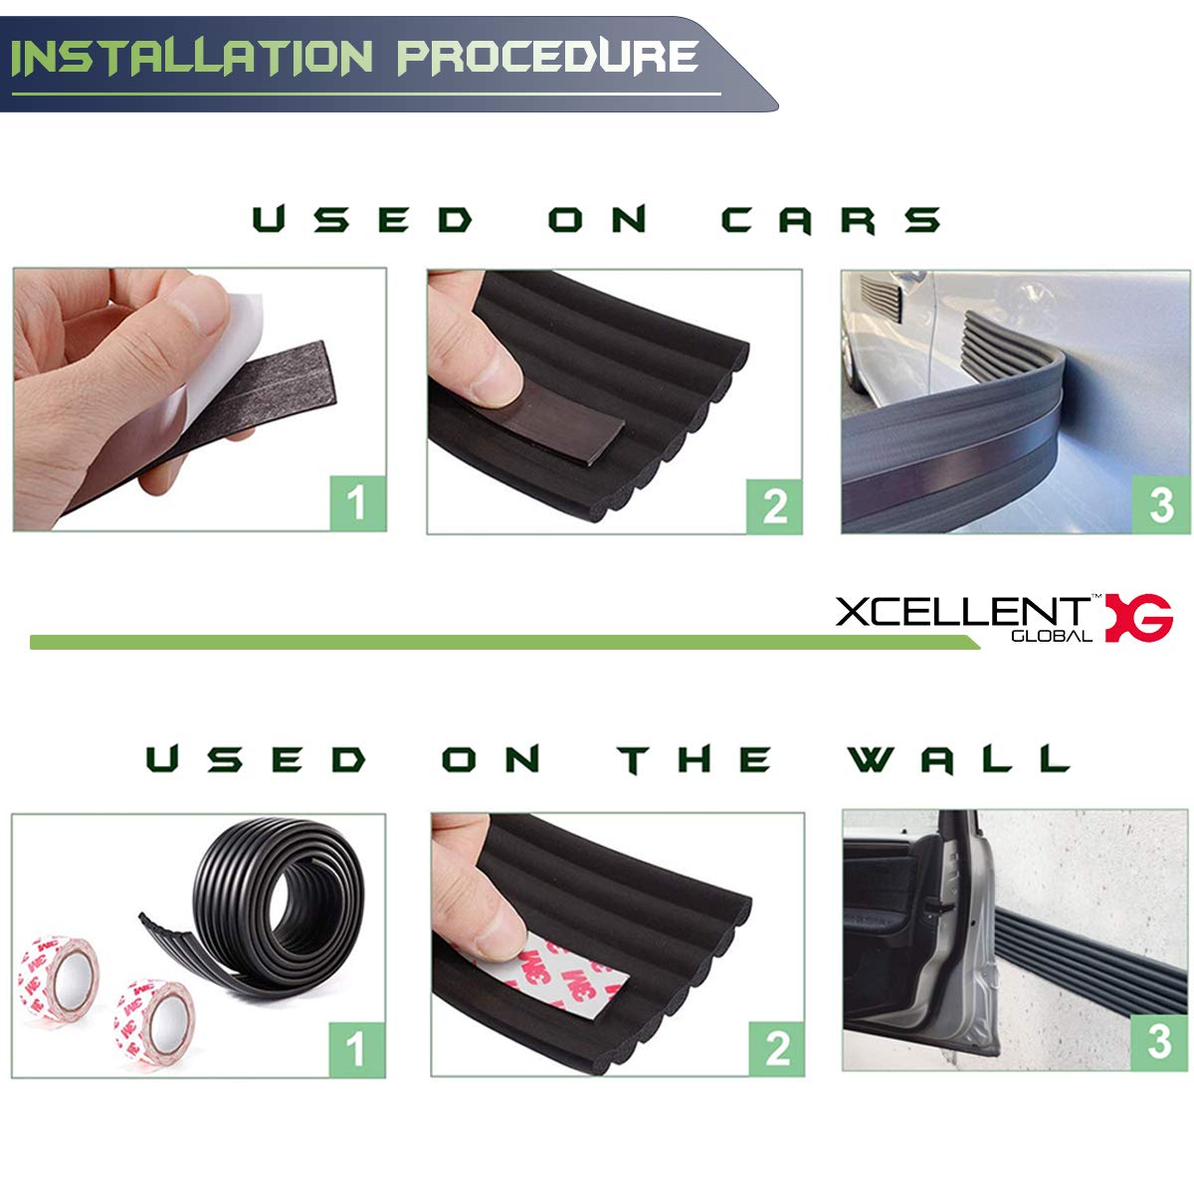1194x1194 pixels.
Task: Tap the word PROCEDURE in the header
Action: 547,57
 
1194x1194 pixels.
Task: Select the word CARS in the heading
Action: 831,219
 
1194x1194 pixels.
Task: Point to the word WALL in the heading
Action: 958,760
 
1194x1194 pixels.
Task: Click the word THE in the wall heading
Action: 696,760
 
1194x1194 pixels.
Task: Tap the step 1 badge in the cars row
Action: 357,502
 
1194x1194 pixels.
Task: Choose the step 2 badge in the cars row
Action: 773,505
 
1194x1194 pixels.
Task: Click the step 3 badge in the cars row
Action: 1160,504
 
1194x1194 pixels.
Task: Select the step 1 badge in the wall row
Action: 356,1048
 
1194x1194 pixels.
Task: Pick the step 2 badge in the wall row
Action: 776,1048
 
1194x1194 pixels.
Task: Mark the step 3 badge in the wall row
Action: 1159,1042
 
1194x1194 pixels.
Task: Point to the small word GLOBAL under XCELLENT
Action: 1051,636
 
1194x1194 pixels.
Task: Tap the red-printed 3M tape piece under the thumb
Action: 577,980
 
